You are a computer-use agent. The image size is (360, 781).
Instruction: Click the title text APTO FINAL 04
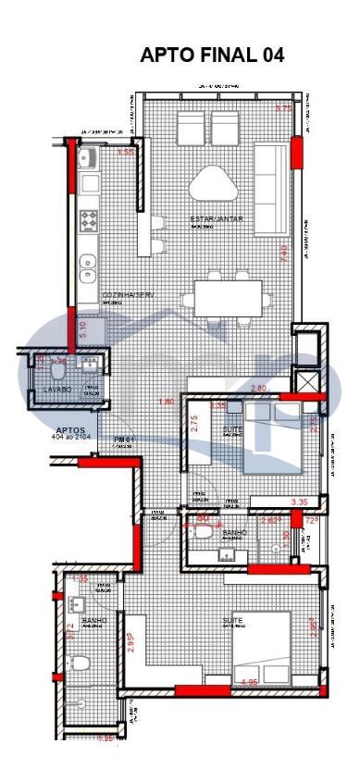click(212, 56)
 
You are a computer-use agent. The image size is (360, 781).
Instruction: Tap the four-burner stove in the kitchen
click(90, 221)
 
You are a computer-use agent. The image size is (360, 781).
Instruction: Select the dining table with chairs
click(228, 298)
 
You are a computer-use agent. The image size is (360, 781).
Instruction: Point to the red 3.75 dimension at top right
click(283, 109)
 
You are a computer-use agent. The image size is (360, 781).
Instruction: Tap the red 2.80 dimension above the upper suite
click(258, 389)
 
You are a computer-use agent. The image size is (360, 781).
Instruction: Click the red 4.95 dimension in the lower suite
click(249, 683)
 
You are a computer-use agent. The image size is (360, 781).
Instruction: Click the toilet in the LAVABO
click(56, 371)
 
